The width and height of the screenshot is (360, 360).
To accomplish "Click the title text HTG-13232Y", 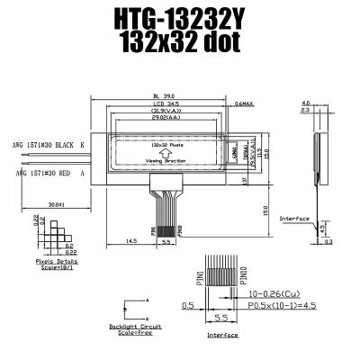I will click(179, 19).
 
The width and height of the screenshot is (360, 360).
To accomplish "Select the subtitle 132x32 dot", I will click(179, 43).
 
